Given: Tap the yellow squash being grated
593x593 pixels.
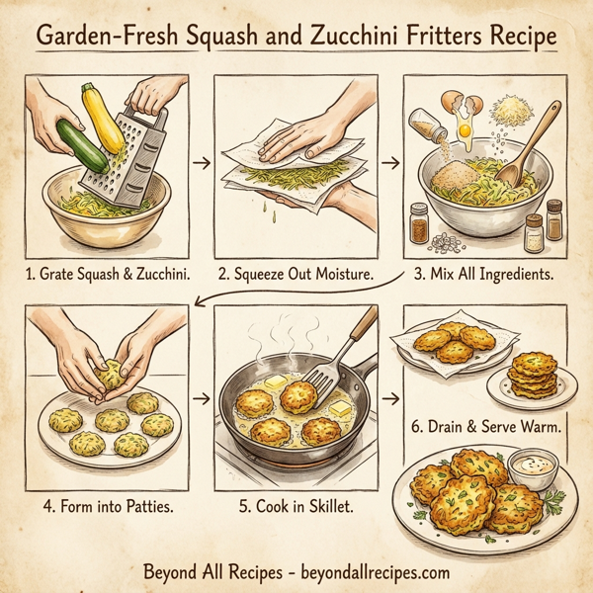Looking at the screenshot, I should click(x=103, y=119).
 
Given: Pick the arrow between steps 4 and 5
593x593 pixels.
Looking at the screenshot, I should click(x=197, y=399).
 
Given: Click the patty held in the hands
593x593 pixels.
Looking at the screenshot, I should click(x=111, y=377).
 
